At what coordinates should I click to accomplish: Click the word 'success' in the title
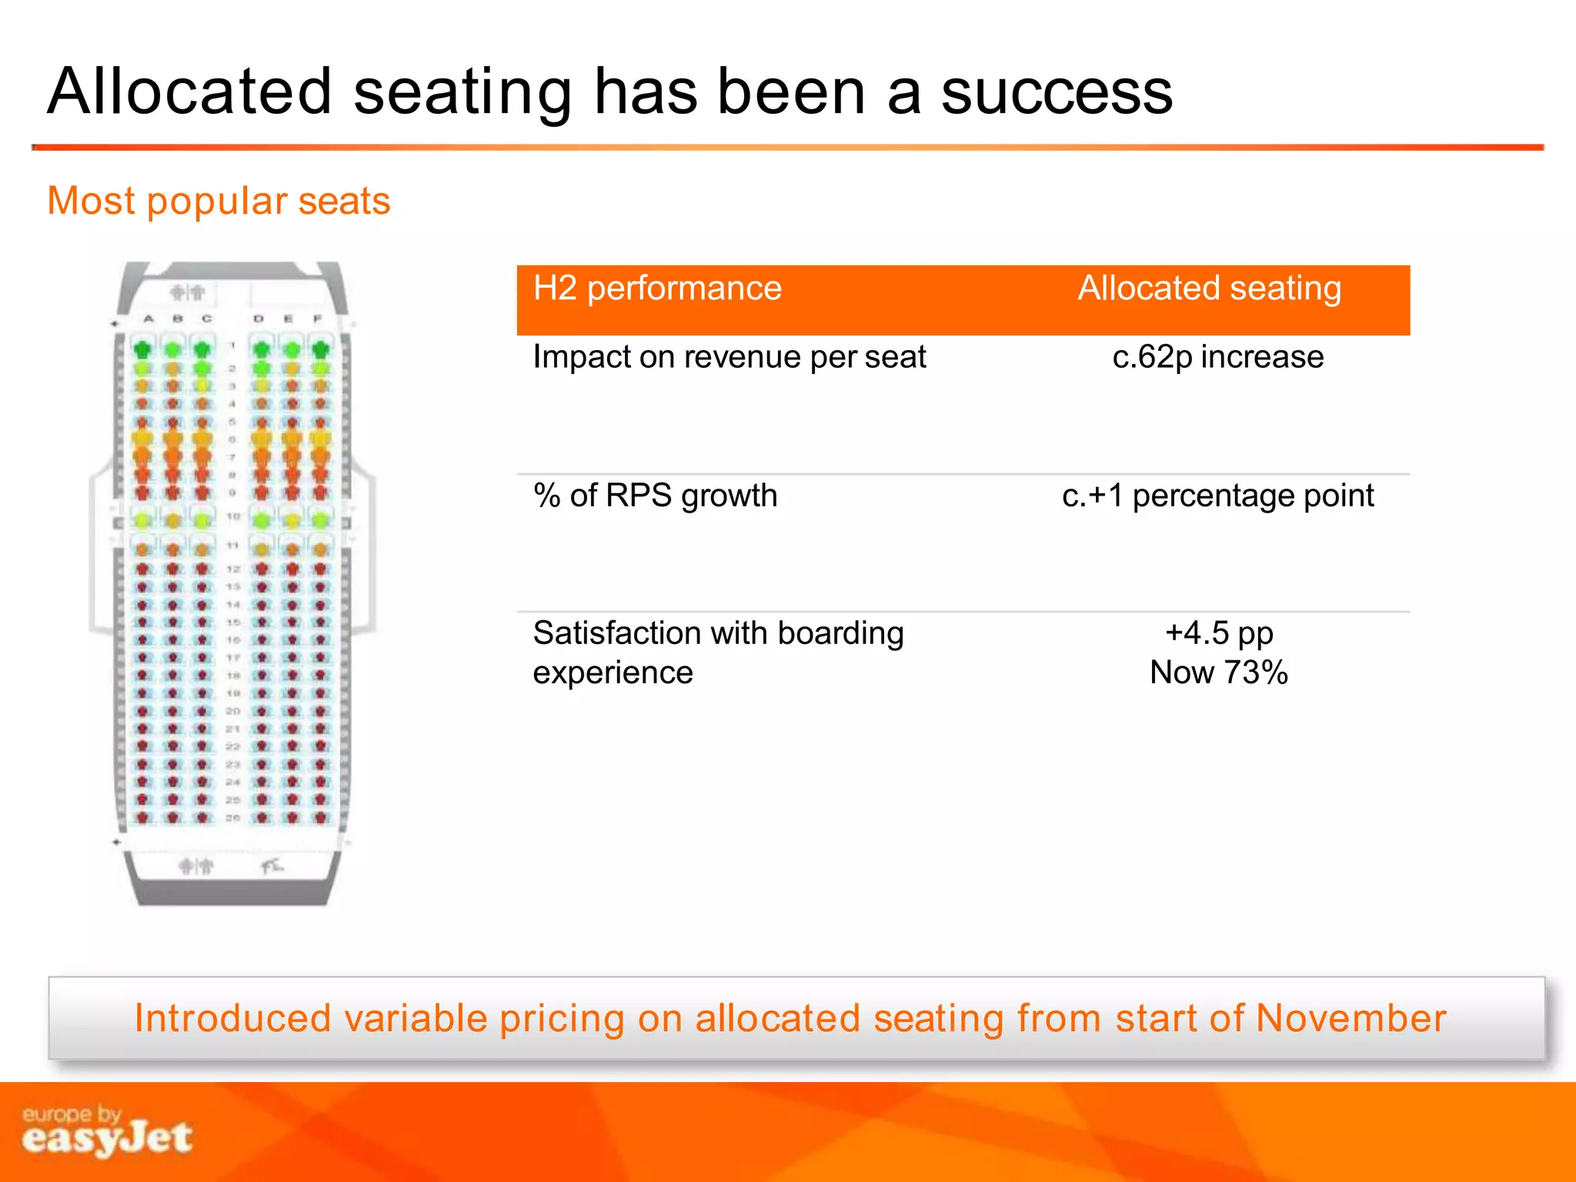pos(1056,92)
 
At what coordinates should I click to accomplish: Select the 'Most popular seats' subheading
pos(219,202)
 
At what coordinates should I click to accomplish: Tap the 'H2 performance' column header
pos(657,289)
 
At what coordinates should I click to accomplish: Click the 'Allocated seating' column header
pos(1209,289)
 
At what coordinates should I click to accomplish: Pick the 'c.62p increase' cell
pos(1217,357)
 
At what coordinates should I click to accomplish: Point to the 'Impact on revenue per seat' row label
pos(729,357)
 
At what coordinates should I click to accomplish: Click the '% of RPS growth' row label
pos(655,496)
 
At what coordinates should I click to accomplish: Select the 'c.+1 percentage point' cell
pos(1217,496)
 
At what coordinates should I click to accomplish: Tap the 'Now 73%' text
pos(1218,673)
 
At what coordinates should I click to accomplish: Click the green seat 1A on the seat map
pos(142,349)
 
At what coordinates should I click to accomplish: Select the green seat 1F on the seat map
pos(321,349)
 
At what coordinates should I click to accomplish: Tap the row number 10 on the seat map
pos(233,516)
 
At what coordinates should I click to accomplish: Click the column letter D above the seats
pos(259,319)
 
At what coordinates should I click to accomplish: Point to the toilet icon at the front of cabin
pos(187,292)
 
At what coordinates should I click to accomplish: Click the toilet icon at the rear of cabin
pos(195,866)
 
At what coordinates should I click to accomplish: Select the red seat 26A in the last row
pos(142,817)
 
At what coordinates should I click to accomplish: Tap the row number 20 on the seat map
pos(233,711)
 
